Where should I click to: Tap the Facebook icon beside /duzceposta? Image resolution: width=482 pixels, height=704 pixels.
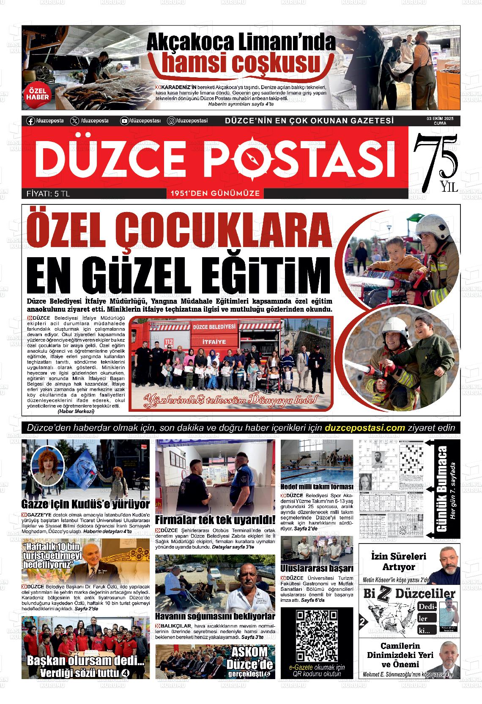(x=30, y=121)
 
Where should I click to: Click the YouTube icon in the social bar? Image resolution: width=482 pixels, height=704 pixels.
(x=124, y=121)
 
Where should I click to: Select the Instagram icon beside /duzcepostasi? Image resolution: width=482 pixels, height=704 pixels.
(x=171, y=121)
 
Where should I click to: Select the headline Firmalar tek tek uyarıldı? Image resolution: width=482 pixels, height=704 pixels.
(x=215, y=519)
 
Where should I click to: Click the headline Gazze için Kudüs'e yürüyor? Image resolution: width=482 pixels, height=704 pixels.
(x=85, y=505)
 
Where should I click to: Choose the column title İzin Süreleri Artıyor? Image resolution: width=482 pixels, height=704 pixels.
(x=398, y=562)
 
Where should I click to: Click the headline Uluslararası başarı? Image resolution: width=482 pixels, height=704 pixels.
(x=317, y=568)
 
